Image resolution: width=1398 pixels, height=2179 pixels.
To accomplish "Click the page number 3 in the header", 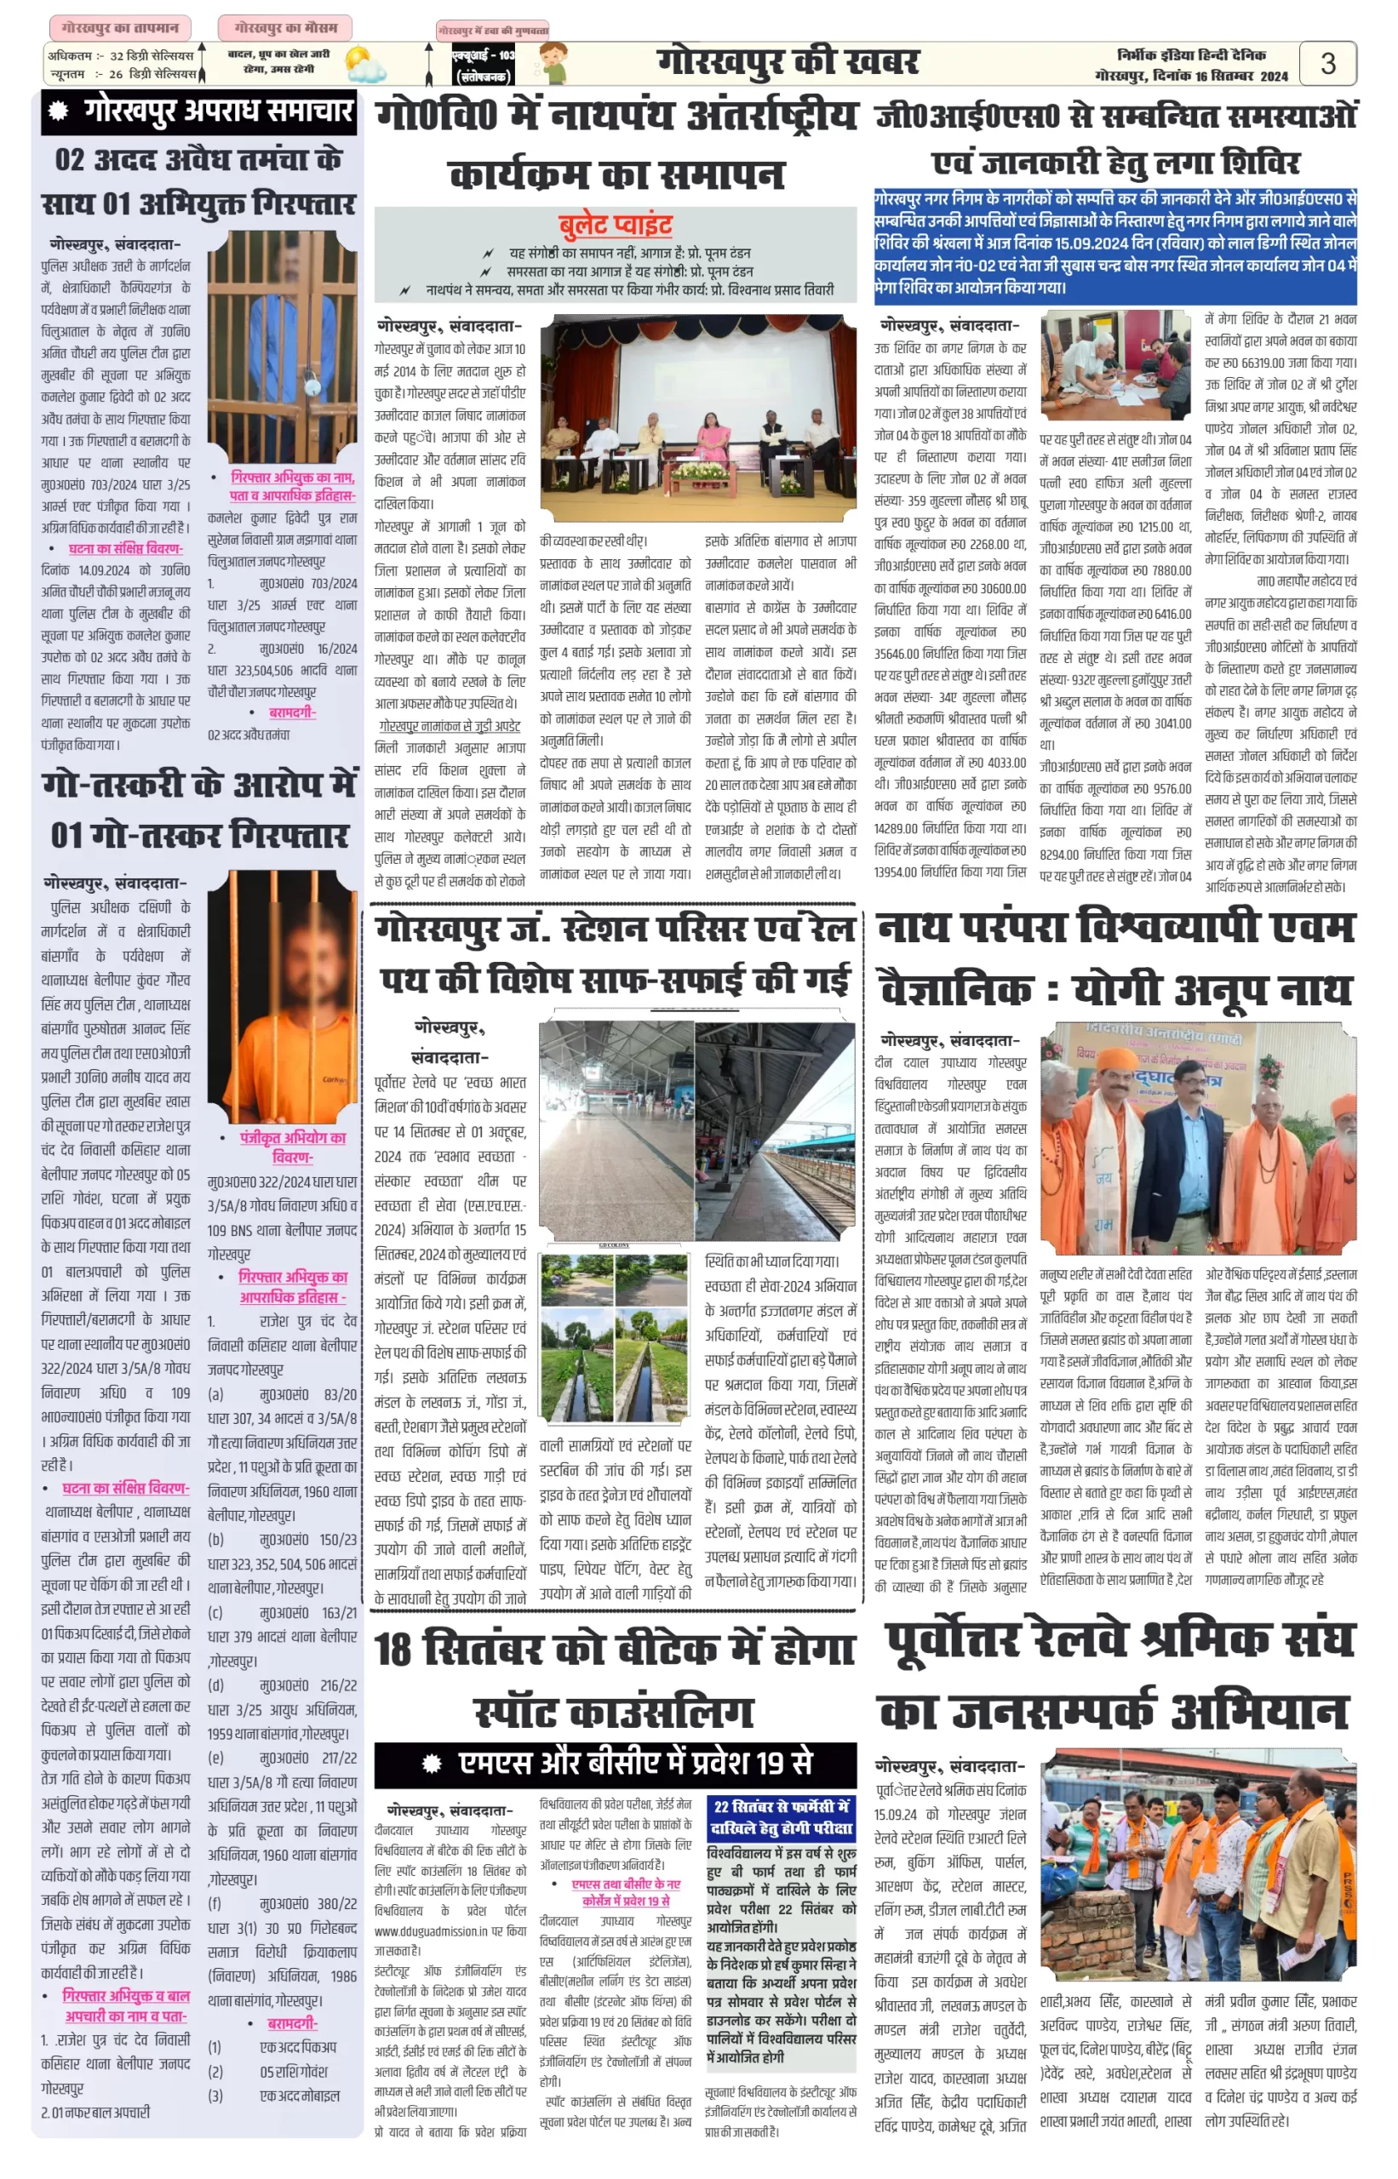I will tap(1327, 64).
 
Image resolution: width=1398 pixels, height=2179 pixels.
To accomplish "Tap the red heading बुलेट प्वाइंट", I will tap(616, 225).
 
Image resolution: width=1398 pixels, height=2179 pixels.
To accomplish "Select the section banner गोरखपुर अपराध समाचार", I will tap(203, 112).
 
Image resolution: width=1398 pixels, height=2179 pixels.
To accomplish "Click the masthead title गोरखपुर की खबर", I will tap(788, 63).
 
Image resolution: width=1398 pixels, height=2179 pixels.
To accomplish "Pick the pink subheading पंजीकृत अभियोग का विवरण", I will tap(292, 1147).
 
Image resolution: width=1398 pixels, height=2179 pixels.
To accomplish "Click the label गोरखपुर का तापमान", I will tap(120, 28).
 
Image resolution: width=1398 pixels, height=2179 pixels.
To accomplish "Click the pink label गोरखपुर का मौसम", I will tap(285, 28).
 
